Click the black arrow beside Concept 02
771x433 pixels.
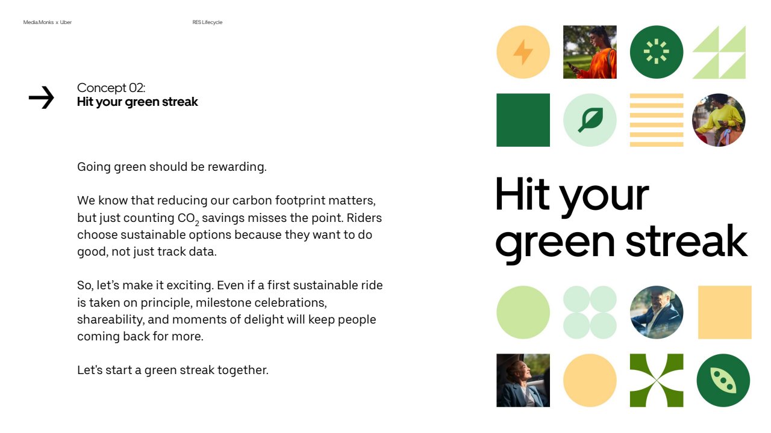42,97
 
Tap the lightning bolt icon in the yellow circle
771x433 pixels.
523,52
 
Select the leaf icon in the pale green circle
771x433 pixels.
591,120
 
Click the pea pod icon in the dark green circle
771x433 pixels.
723,381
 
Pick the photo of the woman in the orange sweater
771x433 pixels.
590,52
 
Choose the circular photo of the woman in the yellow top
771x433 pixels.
719,120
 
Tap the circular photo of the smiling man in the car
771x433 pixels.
657,312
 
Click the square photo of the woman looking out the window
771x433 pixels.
523,381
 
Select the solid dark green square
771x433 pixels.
523,120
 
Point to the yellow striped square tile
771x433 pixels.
657,120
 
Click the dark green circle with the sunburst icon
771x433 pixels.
657,52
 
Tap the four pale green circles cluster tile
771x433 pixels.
590,312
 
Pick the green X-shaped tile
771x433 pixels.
657,381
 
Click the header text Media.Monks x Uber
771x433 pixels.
48,22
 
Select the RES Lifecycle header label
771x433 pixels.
207,22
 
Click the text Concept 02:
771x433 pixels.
111,88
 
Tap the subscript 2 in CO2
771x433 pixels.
197,223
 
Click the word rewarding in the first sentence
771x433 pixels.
237,167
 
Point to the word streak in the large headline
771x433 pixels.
686,241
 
